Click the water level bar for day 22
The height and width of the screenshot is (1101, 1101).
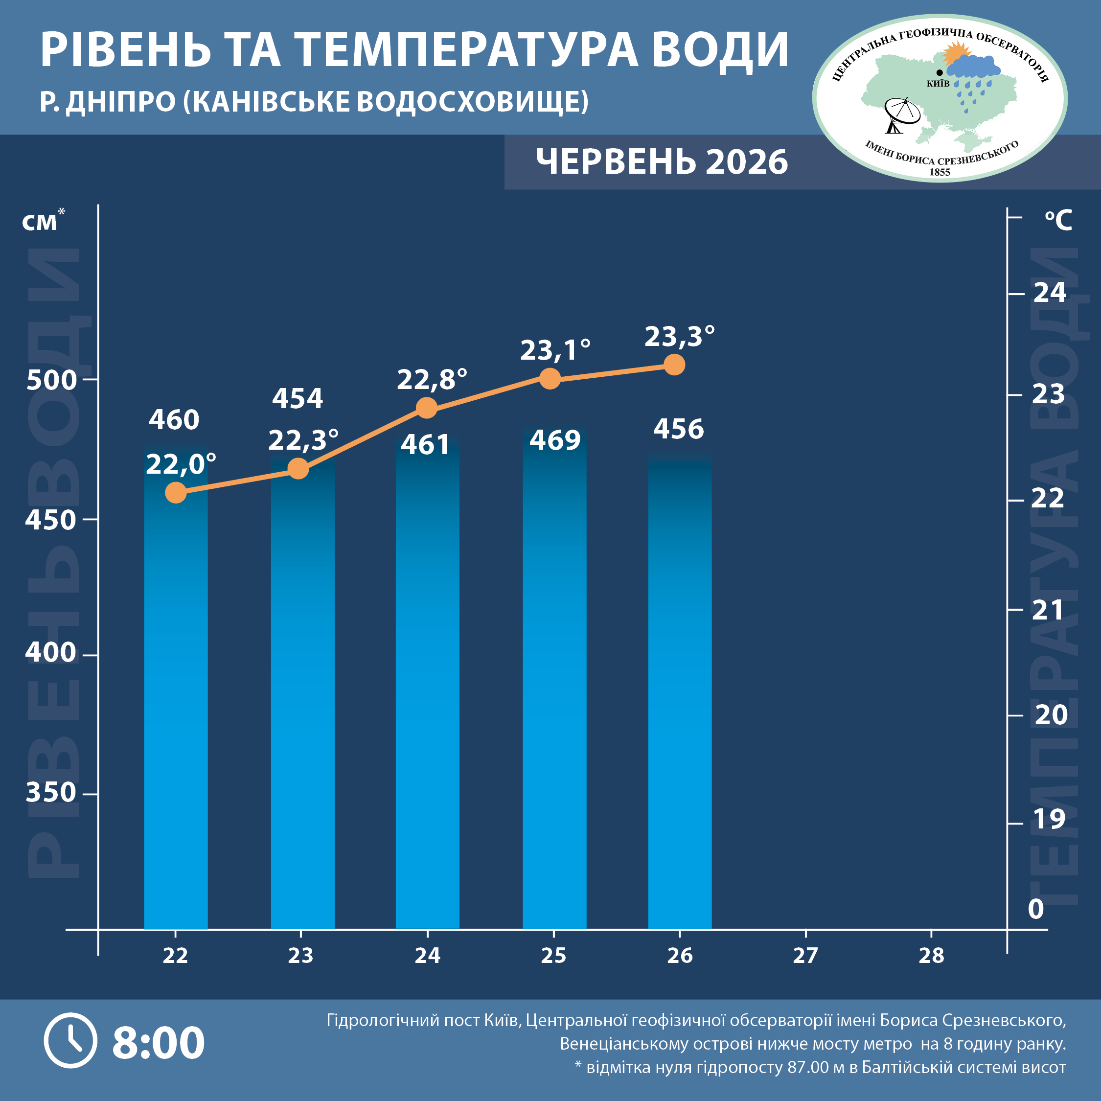176,687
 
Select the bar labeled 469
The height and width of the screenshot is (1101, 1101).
554,678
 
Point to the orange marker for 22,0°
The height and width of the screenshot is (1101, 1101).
176,492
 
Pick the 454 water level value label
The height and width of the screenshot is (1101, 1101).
298,398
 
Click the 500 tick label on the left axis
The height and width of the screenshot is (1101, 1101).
51,380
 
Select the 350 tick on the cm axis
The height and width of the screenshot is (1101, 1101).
51,793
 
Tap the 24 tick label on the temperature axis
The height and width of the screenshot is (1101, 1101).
1050,292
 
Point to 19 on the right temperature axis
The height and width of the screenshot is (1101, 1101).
1049,819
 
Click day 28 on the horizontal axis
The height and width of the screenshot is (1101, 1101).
931,956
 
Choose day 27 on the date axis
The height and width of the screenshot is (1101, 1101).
805,956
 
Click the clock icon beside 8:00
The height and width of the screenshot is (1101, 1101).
70,1041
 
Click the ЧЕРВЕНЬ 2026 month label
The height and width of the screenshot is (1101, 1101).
662,162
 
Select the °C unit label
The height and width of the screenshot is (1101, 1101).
1058,220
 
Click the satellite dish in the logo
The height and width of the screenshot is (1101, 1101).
901,115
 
